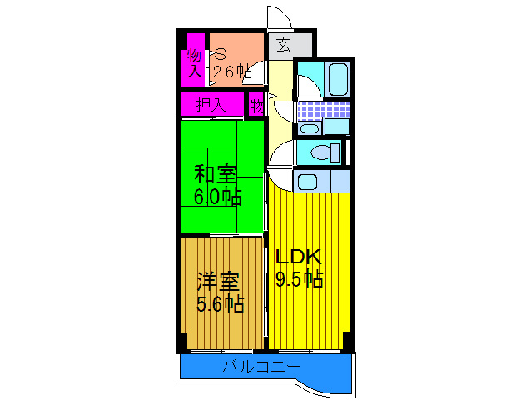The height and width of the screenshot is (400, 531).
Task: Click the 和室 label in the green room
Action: (x=215, y=175)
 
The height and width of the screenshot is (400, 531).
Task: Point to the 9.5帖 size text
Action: (x=299, y=279)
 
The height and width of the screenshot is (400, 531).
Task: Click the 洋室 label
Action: (x=218, y=282)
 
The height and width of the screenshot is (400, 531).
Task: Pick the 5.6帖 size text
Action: (x=220, y=304)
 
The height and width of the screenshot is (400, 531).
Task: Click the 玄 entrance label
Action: (x=284, y=45)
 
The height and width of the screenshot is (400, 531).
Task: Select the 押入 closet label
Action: (x=211, y=105)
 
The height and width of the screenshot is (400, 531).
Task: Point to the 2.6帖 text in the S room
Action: (x=232, y=72)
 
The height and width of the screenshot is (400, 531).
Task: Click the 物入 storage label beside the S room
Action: (x=194, y=63)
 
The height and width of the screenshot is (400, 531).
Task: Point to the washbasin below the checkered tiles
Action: (x=309, y=127)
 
